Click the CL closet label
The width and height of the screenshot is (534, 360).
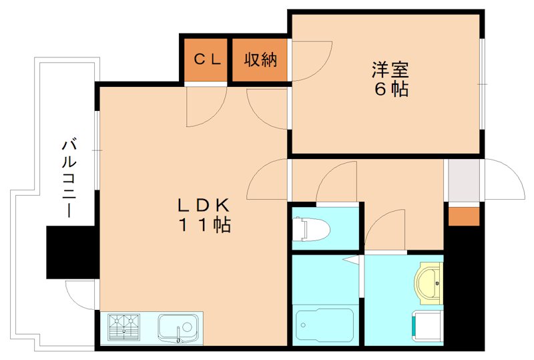207,59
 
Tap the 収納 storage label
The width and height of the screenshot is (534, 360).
260,59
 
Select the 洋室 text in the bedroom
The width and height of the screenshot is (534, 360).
390,69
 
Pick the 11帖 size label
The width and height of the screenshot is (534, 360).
204,225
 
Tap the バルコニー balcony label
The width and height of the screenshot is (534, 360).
68,177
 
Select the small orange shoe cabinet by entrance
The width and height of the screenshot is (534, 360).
463,216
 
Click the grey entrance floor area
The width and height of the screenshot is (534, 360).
463,180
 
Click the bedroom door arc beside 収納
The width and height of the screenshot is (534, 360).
311,60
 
